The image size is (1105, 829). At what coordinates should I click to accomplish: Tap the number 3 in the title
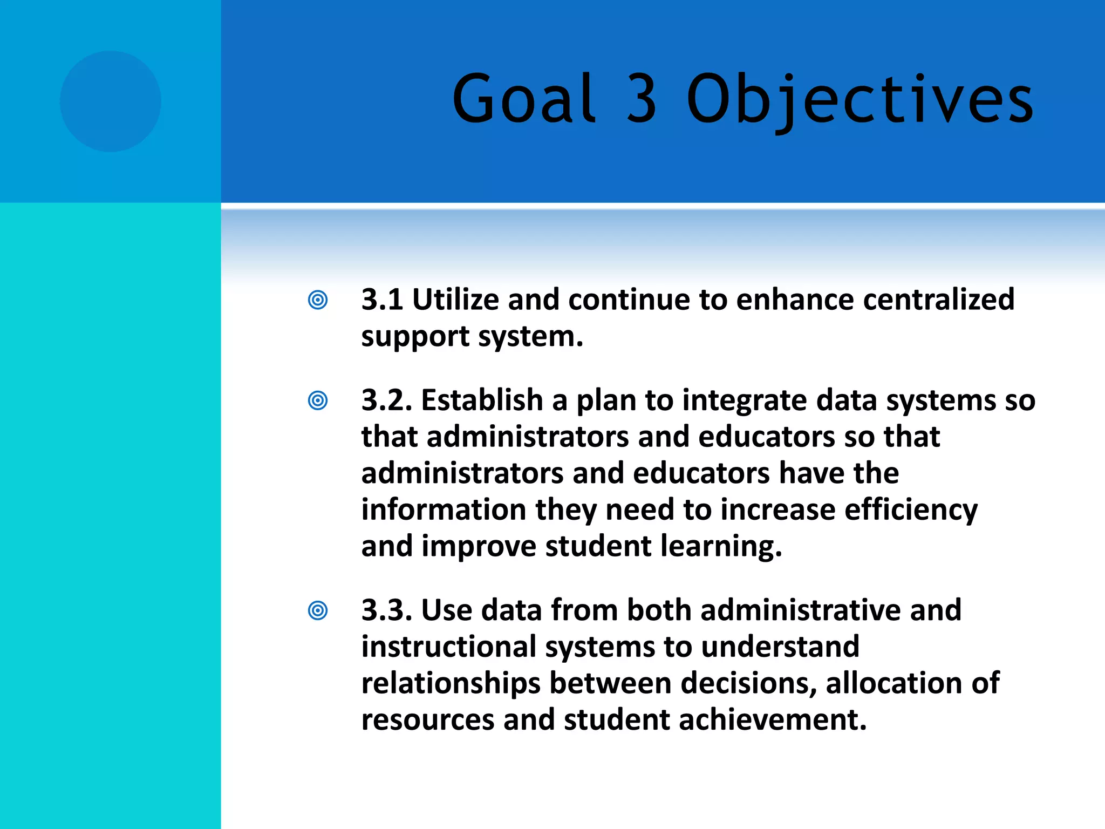pyautogui.click(x=642, y=99)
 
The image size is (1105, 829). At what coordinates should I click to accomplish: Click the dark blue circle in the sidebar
pyautogui.click(x=111, y=101)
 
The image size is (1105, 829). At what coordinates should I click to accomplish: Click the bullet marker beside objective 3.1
pyautogui.click(x=318, y=300)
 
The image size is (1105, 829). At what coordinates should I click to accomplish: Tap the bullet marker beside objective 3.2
pyautogui.click(x=318, y=400)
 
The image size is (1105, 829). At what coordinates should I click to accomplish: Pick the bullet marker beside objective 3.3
pyautogui.click(x=318, y=610)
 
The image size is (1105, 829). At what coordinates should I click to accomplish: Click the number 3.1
pyautogui.click(x=382, y=300)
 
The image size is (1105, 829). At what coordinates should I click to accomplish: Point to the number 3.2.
pyautogui.click(x=386, y=400)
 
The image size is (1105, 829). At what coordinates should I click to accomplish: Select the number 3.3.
pyautogui.click(x=386, y=610)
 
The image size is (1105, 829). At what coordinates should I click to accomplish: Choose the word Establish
pyautogui.click(x=482, y=400)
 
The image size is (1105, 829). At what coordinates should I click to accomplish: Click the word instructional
pyautogui.click(x=448, y=647)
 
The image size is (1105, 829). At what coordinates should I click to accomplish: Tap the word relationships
pyautogui.click(x=451, y=683)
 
